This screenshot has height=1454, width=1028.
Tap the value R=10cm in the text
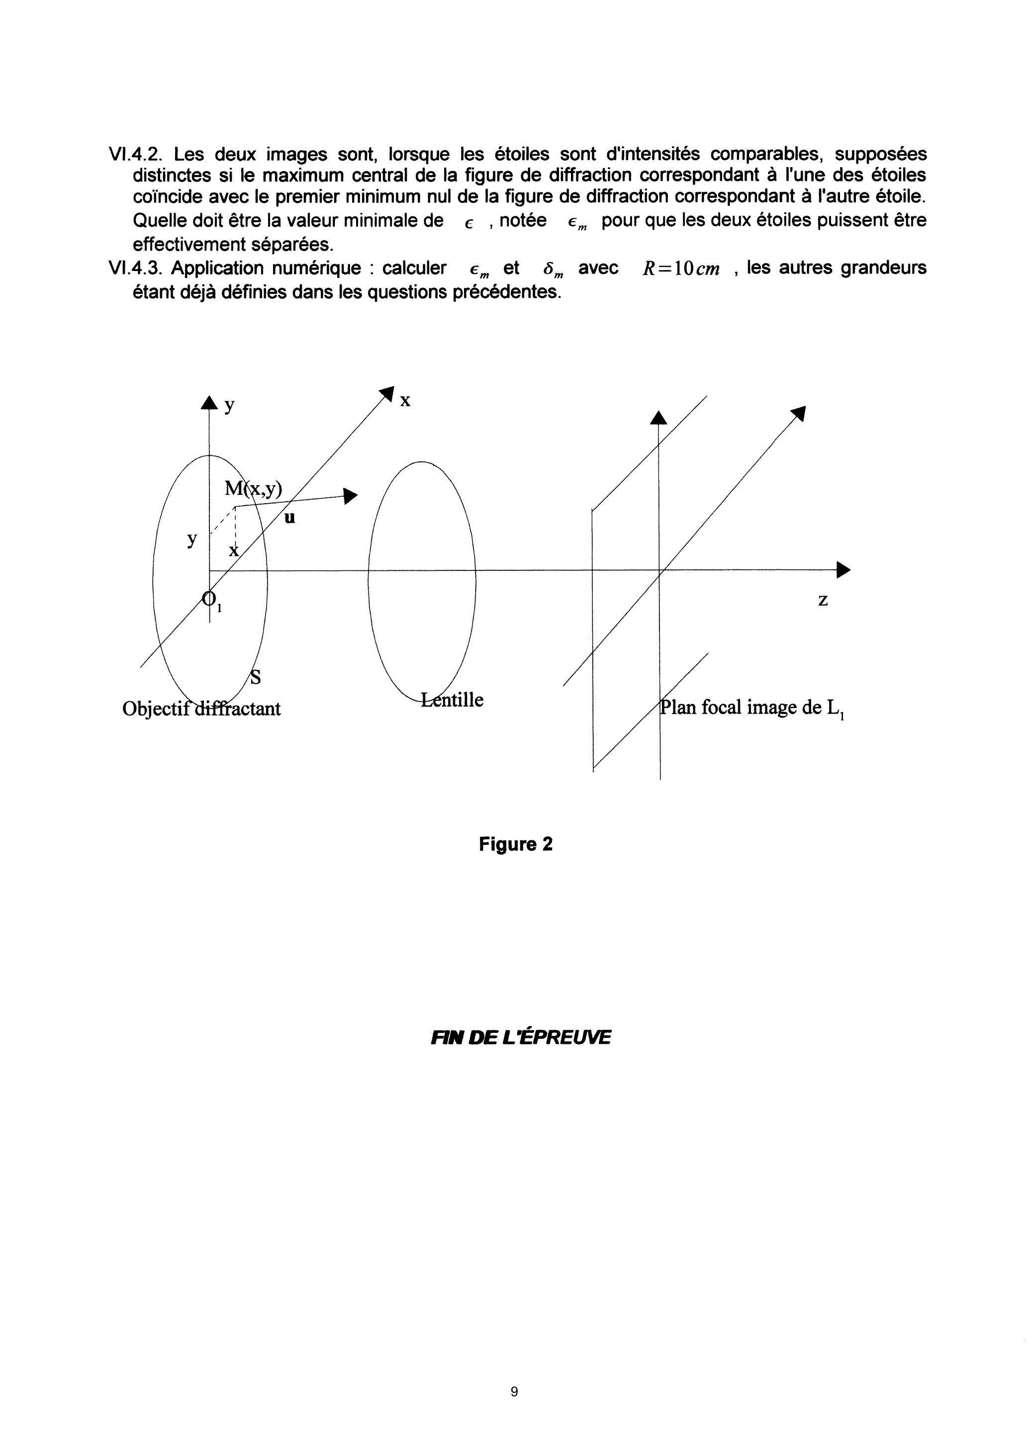click(681, 269)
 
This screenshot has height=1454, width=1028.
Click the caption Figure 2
click(516, 844)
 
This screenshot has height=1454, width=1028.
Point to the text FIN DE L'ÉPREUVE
click(521, 1037)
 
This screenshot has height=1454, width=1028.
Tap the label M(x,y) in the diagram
click(253, 489)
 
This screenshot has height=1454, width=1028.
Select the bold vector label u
click(290, 518)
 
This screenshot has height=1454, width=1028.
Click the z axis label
click(823, 600)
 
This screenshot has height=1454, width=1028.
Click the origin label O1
click(211, 600)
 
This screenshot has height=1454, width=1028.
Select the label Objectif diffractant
click(201, 708)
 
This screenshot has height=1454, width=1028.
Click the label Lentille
click(452, 700)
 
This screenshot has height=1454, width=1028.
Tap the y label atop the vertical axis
click(229, 406)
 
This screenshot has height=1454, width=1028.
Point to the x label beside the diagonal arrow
click(405, 400)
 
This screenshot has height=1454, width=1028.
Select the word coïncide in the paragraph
click(168, 197)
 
